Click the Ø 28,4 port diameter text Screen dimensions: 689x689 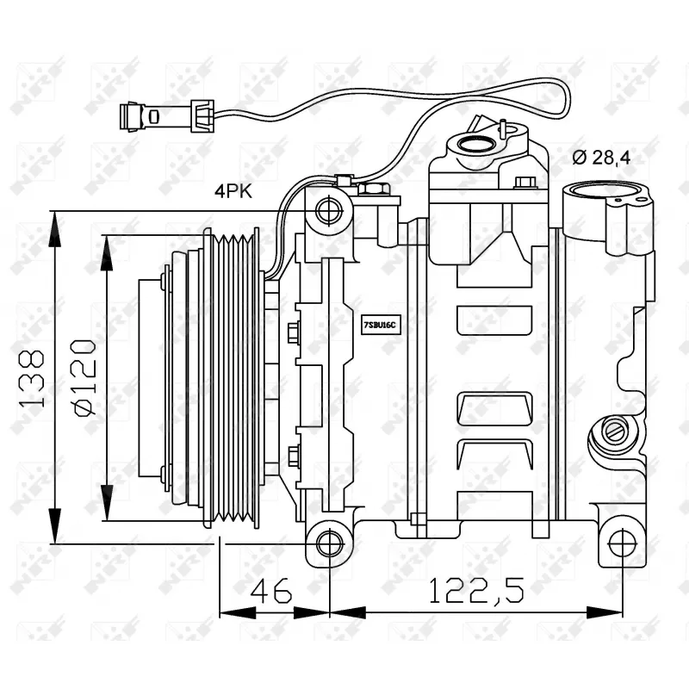point(601,157)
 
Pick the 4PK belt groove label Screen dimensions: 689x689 point(233,192)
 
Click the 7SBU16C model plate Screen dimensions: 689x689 point(378,325)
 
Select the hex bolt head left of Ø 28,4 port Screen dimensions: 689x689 point(526,183)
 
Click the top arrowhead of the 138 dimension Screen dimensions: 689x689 point(55,220)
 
